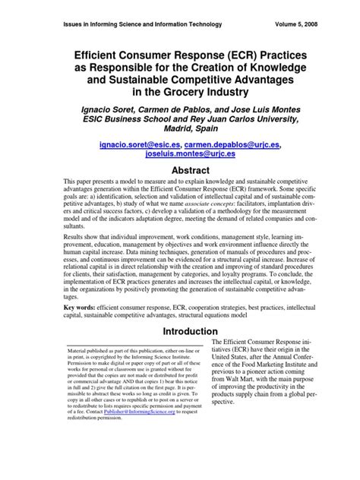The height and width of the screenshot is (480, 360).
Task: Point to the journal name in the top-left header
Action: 137,24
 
